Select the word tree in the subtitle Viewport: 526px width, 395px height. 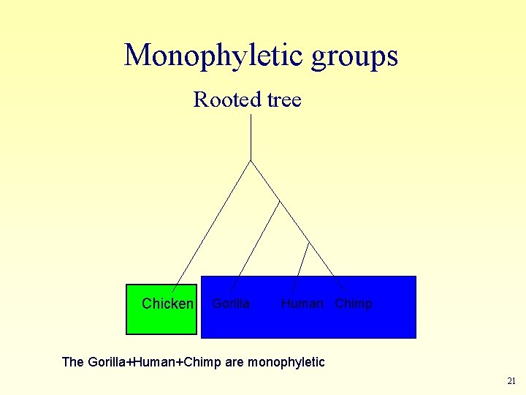tap(285, 100)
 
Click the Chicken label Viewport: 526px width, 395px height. tap(167, 304)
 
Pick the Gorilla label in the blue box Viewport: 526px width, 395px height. tap(230, 304)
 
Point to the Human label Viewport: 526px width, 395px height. tap(301, 304)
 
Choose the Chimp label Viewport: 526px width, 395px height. tap(354, 304)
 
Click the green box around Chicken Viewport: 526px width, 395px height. tap(161, 322)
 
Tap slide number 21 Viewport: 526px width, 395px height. tap(511, 381)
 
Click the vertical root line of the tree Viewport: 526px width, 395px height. tap(251, 137)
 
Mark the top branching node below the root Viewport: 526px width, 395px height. tap(251, 160)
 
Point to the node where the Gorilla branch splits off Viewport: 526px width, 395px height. tap(280, 200)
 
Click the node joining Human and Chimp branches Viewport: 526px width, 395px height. tap(309, 241)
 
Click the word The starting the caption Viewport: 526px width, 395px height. tap(73, 362)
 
